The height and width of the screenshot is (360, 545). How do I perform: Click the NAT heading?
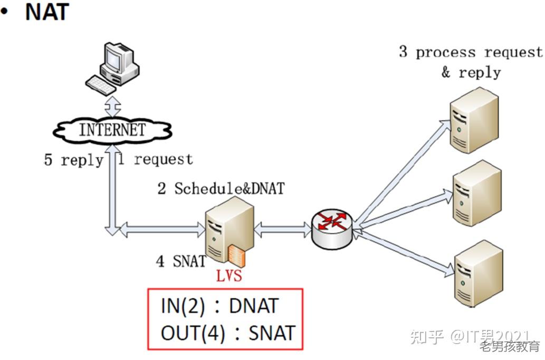(47, 12)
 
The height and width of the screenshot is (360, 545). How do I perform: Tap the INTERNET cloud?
(112, 130)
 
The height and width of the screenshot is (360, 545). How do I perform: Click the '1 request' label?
(155, 159)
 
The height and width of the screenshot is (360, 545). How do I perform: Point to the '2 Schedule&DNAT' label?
(221, 188)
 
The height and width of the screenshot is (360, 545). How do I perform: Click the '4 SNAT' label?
(181, 261)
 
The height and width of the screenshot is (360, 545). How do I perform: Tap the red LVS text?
(229, 276)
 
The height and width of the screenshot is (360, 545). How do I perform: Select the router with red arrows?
(332, 229)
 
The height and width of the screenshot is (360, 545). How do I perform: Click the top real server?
(474, 120)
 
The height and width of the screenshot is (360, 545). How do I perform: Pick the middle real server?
(477, 193)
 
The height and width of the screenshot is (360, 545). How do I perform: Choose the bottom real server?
(479, 273)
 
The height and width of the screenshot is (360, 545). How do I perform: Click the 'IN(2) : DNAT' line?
(220, 306)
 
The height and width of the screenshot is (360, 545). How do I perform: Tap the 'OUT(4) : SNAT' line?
(228, 333)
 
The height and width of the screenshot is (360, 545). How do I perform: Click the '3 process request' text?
(471, 52)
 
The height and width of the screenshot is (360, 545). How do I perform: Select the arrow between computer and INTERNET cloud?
(113, 106)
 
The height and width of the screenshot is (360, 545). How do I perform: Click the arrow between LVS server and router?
(283, 229)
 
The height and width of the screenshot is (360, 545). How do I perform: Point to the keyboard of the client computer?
(100, 85)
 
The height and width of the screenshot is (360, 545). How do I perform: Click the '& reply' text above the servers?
(471, 73)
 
